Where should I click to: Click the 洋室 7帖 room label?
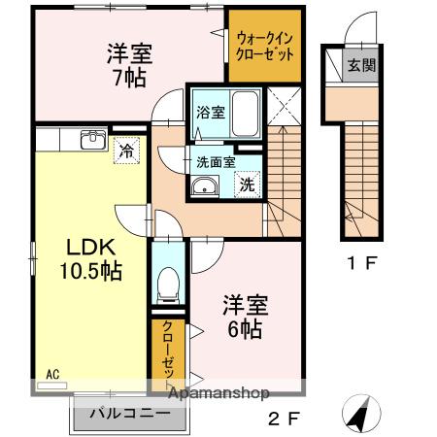(x=125, y=66)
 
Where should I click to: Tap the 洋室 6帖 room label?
(x=243, y=316)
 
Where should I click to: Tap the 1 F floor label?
(x=361, y=262)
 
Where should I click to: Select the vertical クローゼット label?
(x=167, y=350)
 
